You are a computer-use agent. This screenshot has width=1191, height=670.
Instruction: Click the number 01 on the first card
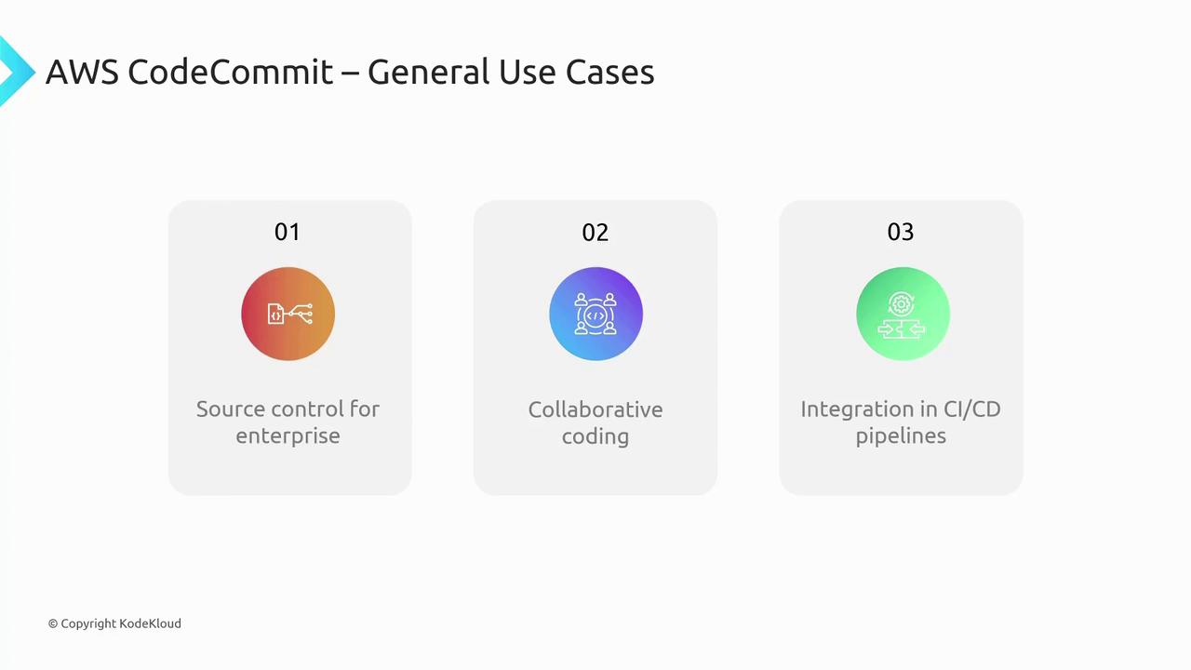tap(288, 232)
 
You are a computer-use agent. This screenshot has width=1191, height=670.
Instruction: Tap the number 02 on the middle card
tap(595, 232)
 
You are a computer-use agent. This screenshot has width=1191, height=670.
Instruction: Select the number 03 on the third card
tap(901, 232)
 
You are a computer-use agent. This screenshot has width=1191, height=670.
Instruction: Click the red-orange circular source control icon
tap(288, 314)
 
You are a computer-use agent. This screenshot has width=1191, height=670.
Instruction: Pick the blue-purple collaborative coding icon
tap(595, 314)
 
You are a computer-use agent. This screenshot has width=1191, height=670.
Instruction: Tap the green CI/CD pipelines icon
tap(902, 314)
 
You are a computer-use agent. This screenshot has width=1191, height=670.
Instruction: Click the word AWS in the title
tap(82, 72)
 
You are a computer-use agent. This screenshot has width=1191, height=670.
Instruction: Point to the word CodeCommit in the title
tap(230, 72)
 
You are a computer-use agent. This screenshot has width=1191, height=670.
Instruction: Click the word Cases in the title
tap(610, 72)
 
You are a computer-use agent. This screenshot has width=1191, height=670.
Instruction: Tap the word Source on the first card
tap(231, 409)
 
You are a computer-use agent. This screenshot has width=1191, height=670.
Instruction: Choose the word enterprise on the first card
tap(288, 435)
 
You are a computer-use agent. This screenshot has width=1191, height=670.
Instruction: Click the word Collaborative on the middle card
tap(595, 409)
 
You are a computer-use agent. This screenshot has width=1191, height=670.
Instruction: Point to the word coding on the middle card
tap(595, 436)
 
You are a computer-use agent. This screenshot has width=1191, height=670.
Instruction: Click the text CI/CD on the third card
tap(970, 409)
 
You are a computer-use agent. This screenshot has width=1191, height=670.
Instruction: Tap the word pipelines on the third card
tap(901, 435)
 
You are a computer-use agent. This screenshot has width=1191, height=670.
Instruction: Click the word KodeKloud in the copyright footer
tap(150, 623)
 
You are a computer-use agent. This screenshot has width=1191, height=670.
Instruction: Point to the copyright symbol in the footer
tap(53, 623)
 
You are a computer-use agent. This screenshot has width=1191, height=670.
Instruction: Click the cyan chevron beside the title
tap(14, 71)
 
